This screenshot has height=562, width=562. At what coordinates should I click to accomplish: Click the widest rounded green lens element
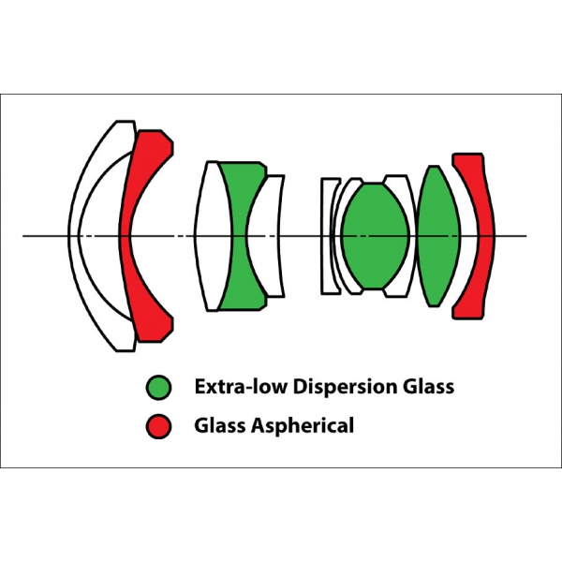pos(375,236)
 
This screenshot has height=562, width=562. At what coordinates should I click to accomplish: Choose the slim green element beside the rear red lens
pos(438,236)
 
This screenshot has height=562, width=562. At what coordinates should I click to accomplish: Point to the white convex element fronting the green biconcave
pos(213,236)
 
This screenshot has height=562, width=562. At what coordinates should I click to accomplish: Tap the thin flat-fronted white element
pos(328,236)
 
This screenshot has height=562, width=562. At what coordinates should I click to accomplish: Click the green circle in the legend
pos(158,388)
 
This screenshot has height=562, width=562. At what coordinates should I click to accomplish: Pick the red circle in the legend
pos(158,426)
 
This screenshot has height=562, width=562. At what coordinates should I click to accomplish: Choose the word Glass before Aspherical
pos(220,425)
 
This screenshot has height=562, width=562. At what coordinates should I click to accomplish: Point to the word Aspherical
pos(303,426)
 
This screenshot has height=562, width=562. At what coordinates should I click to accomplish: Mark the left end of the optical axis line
pos(22,236)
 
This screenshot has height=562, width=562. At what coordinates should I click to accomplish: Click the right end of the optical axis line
pos(526,236)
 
